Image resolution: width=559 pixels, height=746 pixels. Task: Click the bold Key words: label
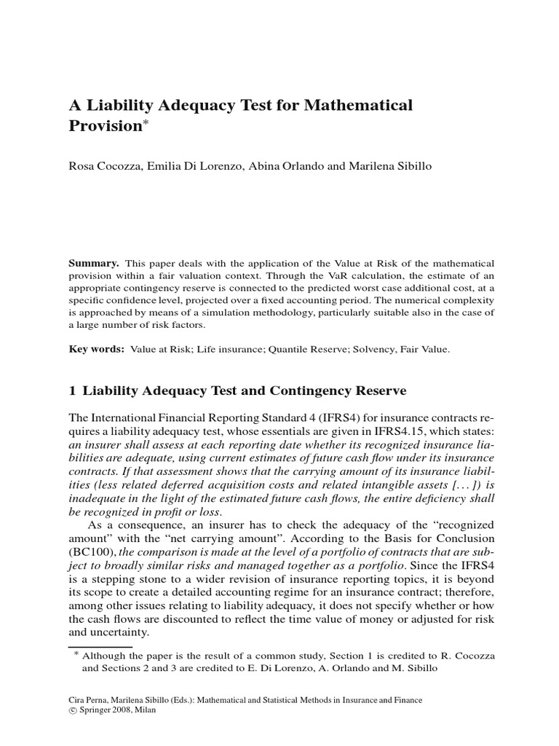[x=95, y=349]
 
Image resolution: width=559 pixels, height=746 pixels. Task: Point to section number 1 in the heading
[x=72, y=391]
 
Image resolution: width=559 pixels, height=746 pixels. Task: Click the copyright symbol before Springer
[x=71, y=711]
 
